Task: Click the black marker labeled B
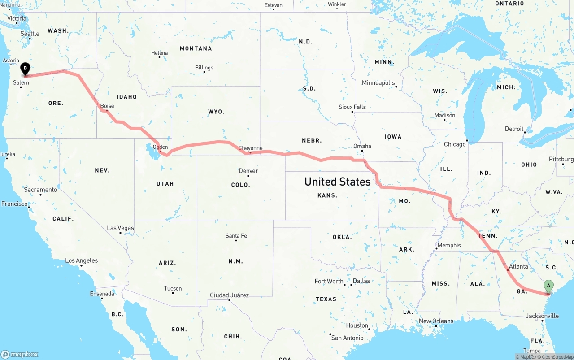pos(26,69)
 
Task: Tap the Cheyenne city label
pos(250,148)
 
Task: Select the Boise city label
pos(107,106)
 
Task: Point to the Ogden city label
pos(160,147)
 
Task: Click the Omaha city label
pos(362,146)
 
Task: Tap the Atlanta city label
pos(518,266)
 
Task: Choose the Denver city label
pos(248,171)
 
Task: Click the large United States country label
pos(337,182)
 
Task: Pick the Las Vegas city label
pos(120,228)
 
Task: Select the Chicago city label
pos(455,144)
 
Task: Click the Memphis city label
pos(449,245)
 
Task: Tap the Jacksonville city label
pos(542,316)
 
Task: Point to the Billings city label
pos(204,68)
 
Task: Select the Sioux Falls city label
pos(352,107)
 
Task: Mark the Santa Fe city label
pos(236,236)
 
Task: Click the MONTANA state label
pos(196,48)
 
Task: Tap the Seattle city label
pos(30,34)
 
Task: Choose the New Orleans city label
pos(436,321)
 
